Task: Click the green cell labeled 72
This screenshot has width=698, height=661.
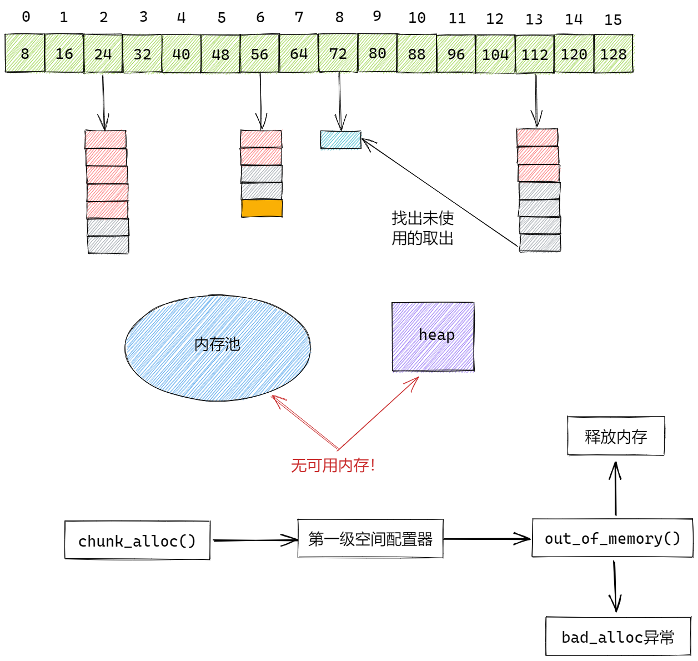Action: point(338,53)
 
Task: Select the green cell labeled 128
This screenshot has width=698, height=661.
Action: point(613,54)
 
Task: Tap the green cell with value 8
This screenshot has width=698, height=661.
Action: point(25,53)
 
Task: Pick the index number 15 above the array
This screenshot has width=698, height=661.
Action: point(613,20)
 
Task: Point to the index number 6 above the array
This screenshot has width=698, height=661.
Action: point(260,18)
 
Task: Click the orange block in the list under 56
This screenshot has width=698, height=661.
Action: point(262,208)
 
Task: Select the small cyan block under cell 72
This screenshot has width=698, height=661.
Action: point(340,139)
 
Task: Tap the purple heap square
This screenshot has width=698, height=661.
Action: point(433,337)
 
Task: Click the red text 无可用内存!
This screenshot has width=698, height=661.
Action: point(333,465)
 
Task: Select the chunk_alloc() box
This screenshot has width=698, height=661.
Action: point(137,540)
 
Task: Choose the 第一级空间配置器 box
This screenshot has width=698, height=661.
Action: point(370,539)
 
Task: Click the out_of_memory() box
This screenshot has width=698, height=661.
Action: point(612,538)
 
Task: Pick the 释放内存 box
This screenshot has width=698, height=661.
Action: point(616,437)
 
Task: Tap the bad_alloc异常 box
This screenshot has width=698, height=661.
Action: point(618,637)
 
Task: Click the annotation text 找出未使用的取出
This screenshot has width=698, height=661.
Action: point(423,228)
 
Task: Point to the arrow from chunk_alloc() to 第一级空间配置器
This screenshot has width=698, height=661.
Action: point(255,540)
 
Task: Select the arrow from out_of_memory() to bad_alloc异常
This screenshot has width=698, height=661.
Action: point(615,586)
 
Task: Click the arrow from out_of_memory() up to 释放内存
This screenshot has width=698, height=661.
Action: point(615,489)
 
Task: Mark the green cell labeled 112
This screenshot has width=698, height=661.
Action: point(535,54)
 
